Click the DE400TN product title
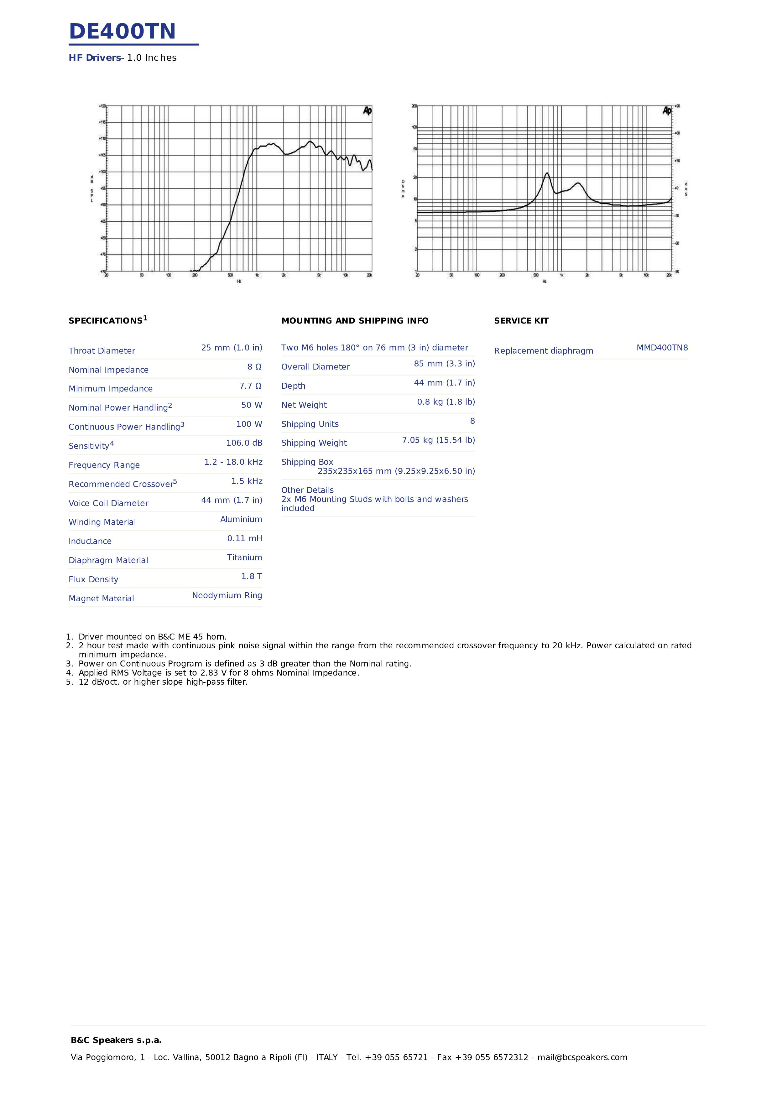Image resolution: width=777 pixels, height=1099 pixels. (123, 32)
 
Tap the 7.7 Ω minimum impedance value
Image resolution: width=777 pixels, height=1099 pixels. (250, 386)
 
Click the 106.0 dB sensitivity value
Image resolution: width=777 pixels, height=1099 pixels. (244, 443)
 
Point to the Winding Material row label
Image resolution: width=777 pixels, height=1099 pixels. (102, 522)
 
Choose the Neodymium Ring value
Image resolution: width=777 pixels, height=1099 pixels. (227, 595)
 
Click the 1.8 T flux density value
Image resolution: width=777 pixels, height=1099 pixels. (251, 576)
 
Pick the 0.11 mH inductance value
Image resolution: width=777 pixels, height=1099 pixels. (245, 538)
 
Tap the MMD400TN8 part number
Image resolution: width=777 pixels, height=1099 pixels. (662, 348)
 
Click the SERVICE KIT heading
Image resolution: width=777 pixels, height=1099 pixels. (521, 321)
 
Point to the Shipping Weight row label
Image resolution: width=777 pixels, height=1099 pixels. (314, 443)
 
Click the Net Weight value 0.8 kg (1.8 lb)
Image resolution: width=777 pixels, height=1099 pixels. (446, 402)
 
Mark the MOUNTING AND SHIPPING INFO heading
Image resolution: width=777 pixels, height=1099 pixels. (355, 321)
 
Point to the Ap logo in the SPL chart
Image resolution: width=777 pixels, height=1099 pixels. (367, 111)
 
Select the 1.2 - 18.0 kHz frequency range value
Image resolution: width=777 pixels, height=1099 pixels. (233, 462)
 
